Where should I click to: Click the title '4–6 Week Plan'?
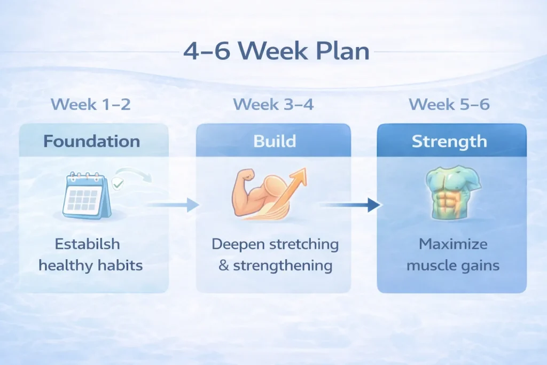(276, 51)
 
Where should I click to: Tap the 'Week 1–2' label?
(91, 104)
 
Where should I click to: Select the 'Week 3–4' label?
(273, 104)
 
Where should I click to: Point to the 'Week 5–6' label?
(449, 104)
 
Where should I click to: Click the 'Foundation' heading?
(92, 141)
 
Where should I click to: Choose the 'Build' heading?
(275, 141)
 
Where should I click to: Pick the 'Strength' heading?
(449, 141)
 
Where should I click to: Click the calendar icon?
(87, 196)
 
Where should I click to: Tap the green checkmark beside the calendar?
(118, 183)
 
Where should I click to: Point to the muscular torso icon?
(453, 192)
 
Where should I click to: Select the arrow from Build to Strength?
(350, 205)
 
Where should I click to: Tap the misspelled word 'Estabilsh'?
(87, 244)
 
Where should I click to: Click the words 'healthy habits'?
(91, 265)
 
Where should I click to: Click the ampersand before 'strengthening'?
(224, 266)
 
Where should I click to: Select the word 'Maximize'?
(453, 244)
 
